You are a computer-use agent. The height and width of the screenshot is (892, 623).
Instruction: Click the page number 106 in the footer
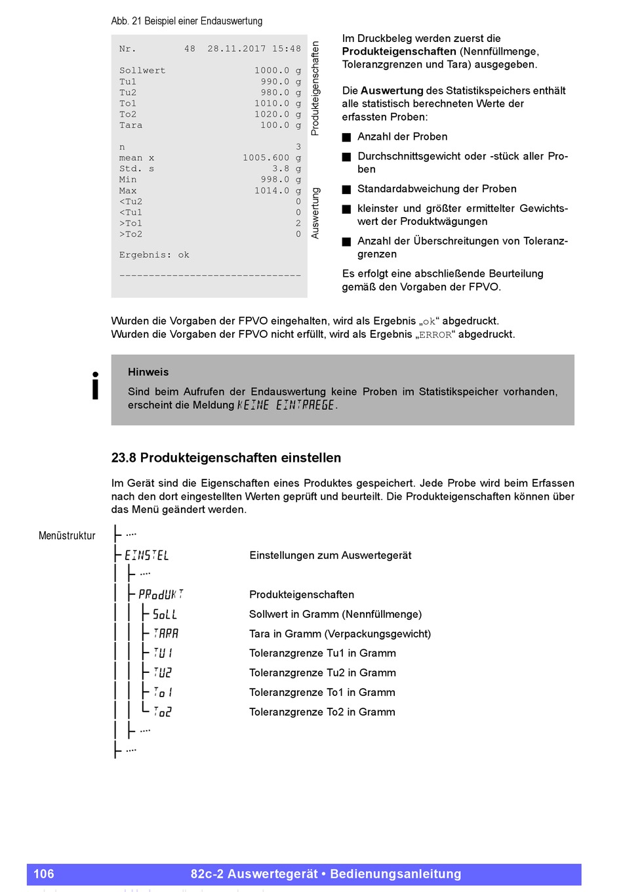coord(44,874)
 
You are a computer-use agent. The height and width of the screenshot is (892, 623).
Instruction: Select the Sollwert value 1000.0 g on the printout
coord(277,71)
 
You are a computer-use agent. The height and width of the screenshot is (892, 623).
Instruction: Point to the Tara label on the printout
coord(131,125)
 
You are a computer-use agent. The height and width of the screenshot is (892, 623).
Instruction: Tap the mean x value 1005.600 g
coord(271,158)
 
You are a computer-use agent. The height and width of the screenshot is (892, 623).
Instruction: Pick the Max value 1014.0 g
coord(277,191)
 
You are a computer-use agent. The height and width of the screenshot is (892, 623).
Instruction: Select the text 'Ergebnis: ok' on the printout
coord(154,255)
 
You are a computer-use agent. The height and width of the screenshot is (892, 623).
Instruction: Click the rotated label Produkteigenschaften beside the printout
coord(315,89)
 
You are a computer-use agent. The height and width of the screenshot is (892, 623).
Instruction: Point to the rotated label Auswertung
coord(315,213)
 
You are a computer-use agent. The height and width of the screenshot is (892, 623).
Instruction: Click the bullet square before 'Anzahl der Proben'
coord(347,137)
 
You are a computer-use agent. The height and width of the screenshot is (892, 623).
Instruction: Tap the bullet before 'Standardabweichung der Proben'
coord(347,190)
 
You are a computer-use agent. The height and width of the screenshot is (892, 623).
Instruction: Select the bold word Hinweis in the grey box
coord(148,372)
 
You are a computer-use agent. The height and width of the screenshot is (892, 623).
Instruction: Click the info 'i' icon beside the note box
coord(96,386)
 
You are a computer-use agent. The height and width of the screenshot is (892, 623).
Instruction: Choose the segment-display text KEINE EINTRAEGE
coord(286,405)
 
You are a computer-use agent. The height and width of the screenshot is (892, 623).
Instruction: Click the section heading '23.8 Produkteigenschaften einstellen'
coord(226,458)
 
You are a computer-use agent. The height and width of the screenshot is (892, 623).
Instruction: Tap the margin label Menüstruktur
coord(67,536)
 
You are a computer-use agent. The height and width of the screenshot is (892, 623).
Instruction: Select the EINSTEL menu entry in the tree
coord(147,556)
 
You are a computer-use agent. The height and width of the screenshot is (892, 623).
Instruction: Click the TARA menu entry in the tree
coord(166,634)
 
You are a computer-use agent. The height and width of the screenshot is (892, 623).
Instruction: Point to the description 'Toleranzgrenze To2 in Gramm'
coord(322,712)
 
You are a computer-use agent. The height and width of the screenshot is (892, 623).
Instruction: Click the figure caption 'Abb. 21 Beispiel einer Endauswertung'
coord(187,21)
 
